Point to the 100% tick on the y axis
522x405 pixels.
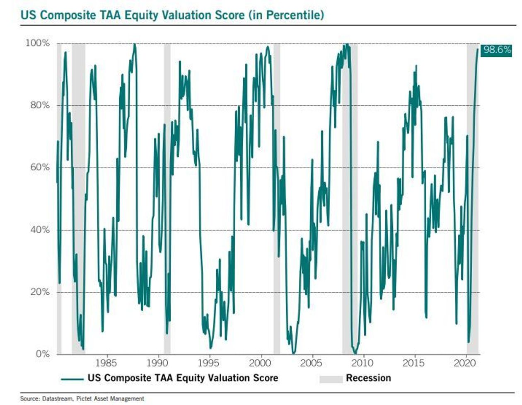pyautogui.click(x=38, y=43)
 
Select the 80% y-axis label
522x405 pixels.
pyautogui.click(x=40, y=105)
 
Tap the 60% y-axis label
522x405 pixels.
pyautogui.click(x=40, y=167)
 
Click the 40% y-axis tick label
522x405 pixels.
pyautogui.click(x=40, y=230)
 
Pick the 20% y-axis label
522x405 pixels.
pyautogui.click(x=40, y=292)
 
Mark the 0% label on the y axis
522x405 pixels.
pyautogui.click(x=42, y=354)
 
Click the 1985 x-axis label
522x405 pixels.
pyautogui.click(x=106, y=363)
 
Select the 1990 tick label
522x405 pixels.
pyautogui.click(x=157, y=363)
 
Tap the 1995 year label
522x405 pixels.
pyautogui.click(x=208, y=363)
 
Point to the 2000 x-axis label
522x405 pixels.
pyautogui.click(x=260, y=363)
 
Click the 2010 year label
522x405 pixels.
pyautogui.click(x=363, y=363)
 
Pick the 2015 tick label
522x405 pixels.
pyautogui.click(x=413, y=363)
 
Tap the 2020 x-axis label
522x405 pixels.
pyautogui.click(x=465, y=363)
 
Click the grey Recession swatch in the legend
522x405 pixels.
pyautogui.click(x=331, y=378)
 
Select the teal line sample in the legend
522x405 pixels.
pyautogui.click(x=73, y=378)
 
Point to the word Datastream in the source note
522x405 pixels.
pyautogui.click(x=56, y=399)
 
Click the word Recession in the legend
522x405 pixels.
pyautogui.click(x=368, y=378)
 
